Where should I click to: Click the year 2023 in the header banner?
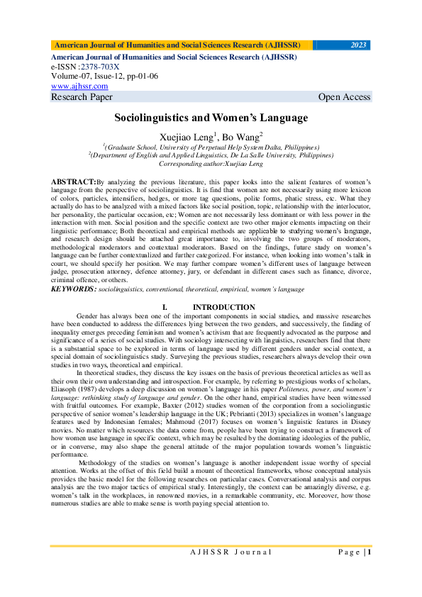click(359, 45)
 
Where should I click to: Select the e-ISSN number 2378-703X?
click(100, 66)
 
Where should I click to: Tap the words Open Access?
click(344, 97)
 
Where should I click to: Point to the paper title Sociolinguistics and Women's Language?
click(211, 118)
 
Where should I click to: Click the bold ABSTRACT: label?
click(74, 182)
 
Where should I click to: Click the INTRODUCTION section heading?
click(223, 307)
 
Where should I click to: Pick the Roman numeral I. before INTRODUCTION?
click(165, 307)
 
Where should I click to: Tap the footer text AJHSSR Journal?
click(231, 552)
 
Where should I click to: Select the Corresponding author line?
click(211, 162)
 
